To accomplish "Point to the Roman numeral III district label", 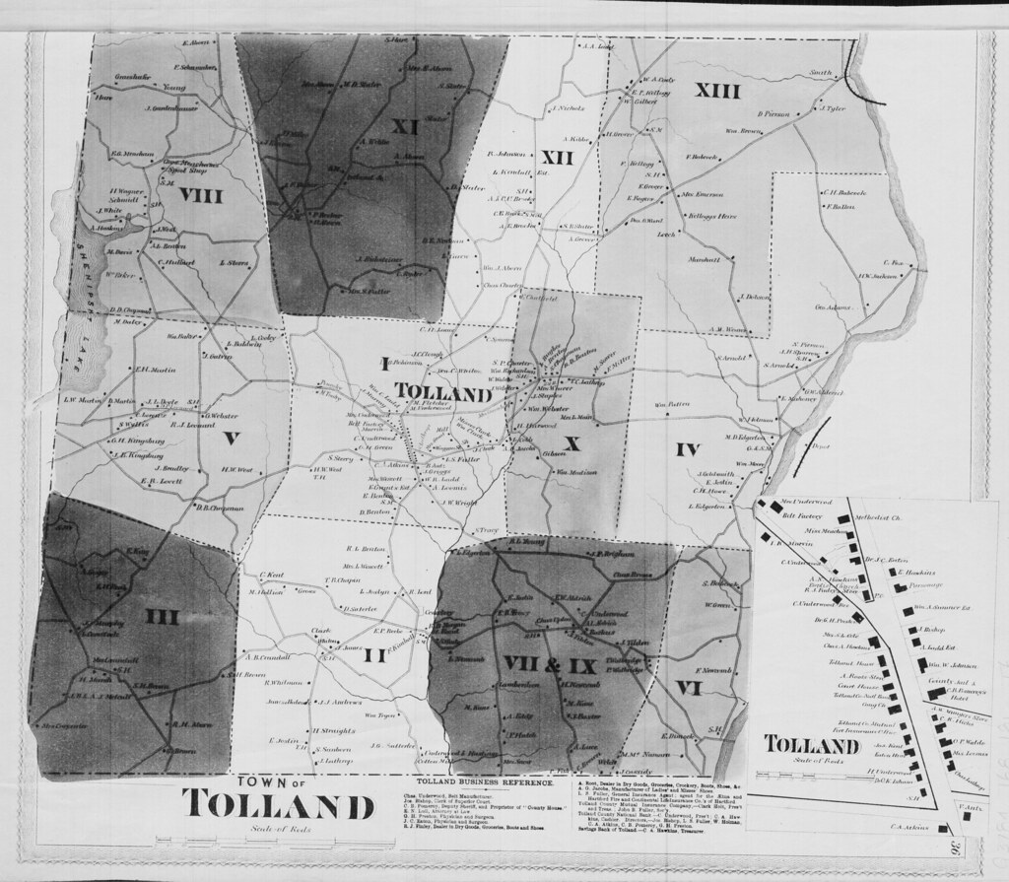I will point(163,617).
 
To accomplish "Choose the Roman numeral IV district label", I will point(687,450).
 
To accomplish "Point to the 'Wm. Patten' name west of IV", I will point(671,405).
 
